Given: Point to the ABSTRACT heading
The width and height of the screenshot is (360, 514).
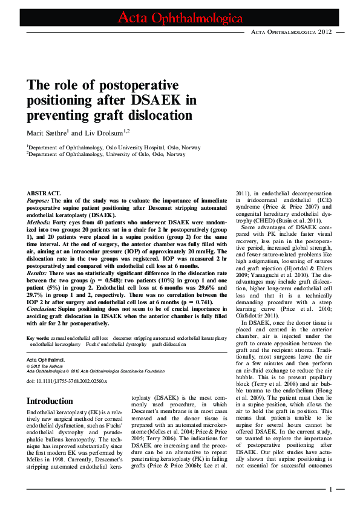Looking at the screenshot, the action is pos(44,192).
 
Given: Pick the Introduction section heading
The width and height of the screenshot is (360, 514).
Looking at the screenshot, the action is pos(50,401).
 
